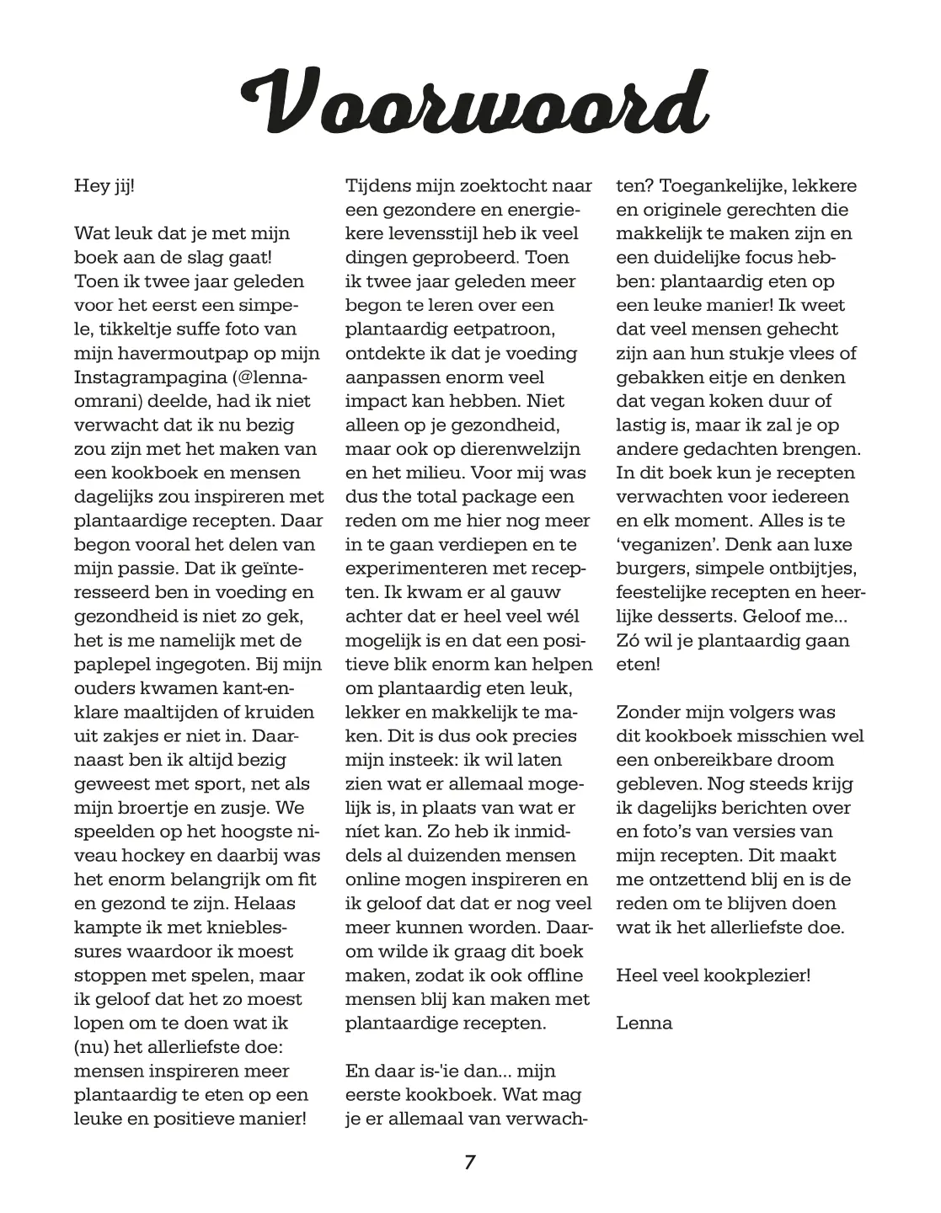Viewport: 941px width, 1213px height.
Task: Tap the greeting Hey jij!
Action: (x=104, y=185)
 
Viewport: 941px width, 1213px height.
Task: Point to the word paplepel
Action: (x=115, y=665)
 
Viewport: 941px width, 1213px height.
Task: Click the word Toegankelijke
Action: (x=722, y=185)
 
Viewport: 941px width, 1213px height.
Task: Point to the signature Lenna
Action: (x=644, y=1023)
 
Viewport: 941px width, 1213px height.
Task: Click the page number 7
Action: (x=470, y=1163)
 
